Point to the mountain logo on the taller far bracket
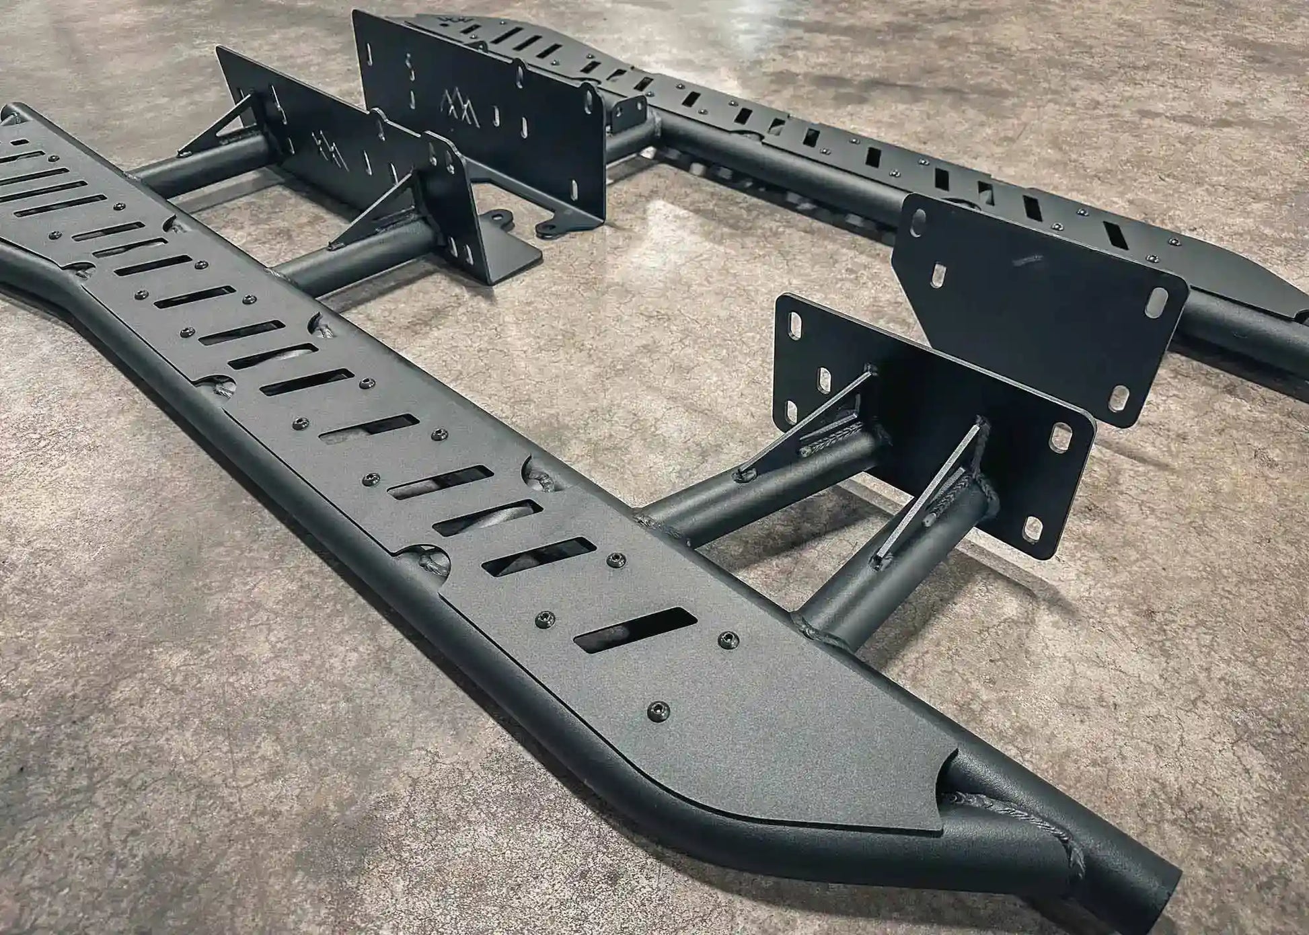pos(459,109)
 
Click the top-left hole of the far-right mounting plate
pos(917,228)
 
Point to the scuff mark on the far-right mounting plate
pos(1029,258)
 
